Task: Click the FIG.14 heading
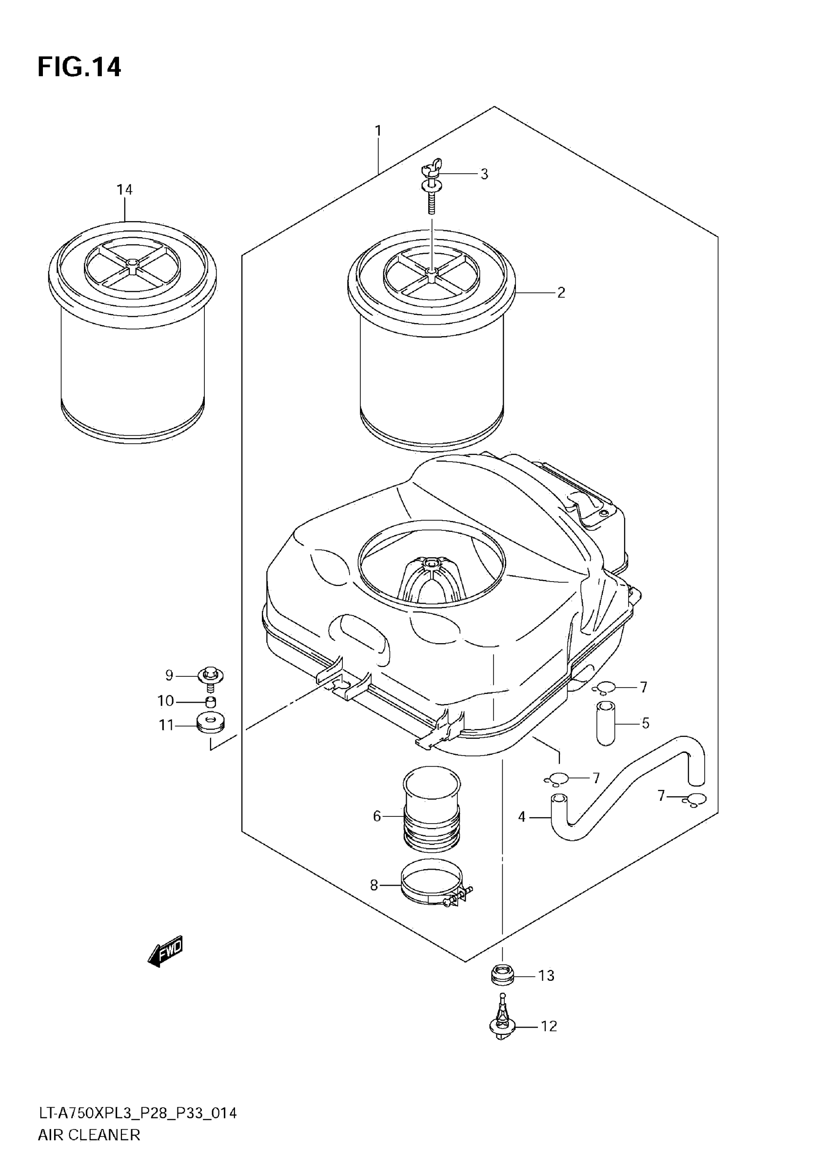79,67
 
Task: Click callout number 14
124,190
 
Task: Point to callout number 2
561,293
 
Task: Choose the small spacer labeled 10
210,701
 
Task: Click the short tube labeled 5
606,723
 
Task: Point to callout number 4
522,817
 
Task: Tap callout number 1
378,131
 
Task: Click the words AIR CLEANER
89,1149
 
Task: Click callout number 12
549,1026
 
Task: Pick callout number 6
377,816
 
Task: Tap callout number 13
546,975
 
